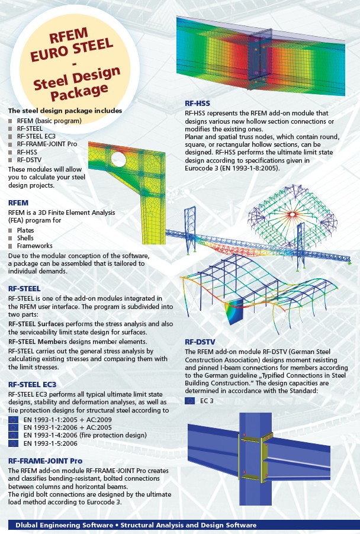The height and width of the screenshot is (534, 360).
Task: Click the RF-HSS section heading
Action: click(197, 104)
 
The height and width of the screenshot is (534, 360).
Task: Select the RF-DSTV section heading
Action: click(200, 342)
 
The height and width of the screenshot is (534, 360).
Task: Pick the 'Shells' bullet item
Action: click(25, 238)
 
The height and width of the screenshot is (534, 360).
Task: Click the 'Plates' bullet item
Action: click(25, 230)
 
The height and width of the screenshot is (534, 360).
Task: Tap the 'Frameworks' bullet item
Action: click(34, 246)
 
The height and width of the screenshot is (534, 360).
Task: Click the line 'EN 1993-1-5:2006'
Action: click(51, 443)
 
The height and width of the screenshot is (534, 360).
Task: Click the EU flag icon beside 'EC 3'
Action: click(189, 401)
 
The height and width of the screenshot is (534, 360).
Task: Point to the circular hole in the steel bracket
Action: click(117, 160)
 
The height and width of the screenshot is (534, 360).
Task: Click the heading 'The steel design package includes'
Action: click(65, 111)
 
